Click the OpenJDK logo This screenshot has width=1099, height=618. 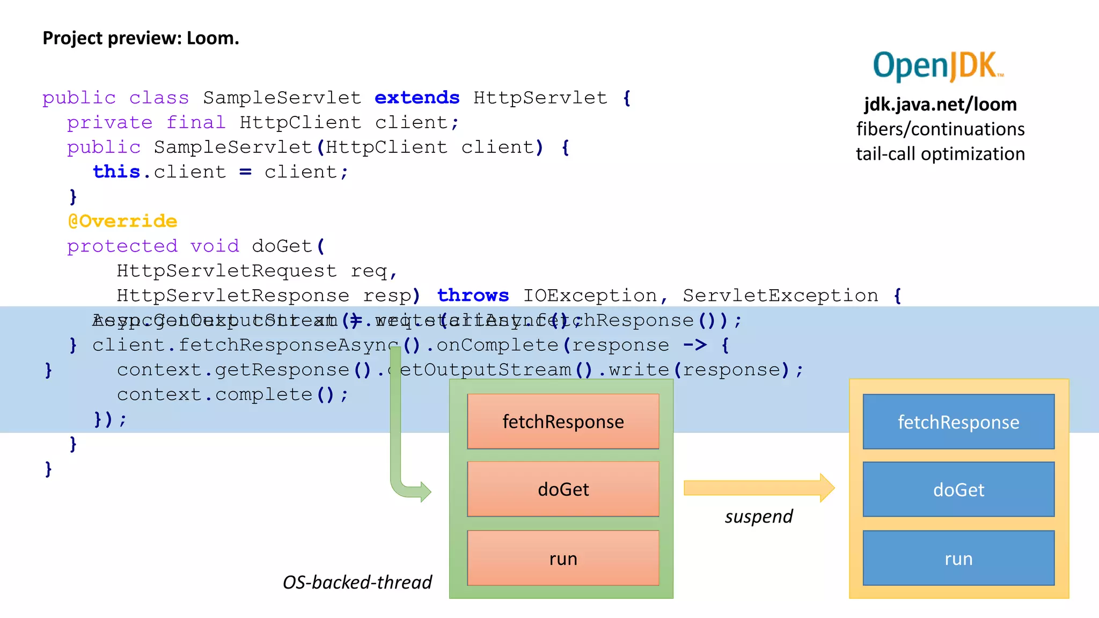coord(937,66)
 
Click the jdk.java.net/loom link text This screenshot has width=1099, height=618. coord(940,104)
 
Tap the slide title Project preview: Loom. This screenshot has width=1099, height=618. coord(141,38)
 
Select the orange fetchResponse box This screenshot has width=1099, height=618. coord(563,422)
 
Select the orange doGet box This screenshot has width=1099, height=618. coord(563,489)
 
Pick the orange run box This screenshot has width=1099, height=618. coord(563,558)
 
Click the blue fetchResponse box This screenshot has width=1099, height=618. coord(958,422)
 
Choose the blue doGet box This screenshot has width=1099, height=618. coord(958,489)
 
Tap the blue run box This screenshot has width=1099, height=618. coord(958,558)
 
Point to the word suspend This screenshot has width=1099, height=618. coord(758,517)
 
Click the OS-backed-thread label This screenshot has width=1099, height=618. coord(357,583)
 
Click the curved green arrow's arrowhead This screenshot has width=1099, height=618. coord(425,491)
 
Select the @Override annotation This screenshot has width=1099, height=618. coord(122,221)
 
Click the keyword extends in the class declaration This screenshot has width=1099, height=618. coord(417,98)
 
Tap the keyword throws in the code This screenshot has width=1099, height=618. coord(473,296)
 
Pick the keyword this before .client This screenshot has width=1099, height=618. coord(116,172)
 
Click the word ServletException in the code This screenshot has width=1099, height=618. coord(780,296)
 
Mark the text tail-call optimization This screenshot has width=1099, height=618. coord(940,154)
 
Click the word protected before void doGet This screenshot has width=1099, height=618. coord(122,246)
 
